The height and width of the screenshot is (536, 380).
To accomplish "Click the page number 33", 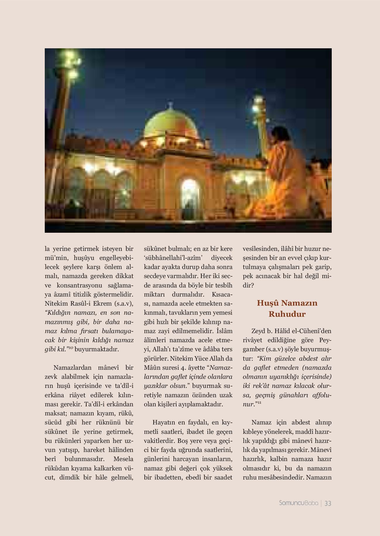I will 328,503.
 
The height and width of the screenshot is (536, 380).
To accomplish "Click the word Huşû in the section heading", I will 267,303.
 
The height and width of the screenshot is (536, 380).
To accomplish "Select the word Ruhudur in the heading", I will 287,314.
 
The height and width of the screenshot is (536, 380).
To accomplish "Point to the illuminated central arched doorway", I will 190,195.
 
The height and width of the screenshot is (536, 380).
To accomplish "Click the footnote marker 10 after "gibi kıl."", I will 71,347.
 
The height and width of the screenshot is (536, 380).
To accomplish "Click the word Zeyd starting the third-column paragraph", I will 258,331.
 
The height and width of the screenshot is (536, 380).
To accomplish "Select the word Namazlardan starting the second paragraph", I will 72,368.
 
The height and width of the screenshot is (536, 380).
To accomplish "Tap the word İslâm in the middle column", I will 225,331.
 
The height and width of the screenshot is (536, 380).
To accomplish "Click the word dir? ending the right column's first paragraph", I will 248,285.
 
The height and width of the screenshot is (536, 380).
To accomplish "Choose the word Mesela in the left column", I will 123,459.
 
